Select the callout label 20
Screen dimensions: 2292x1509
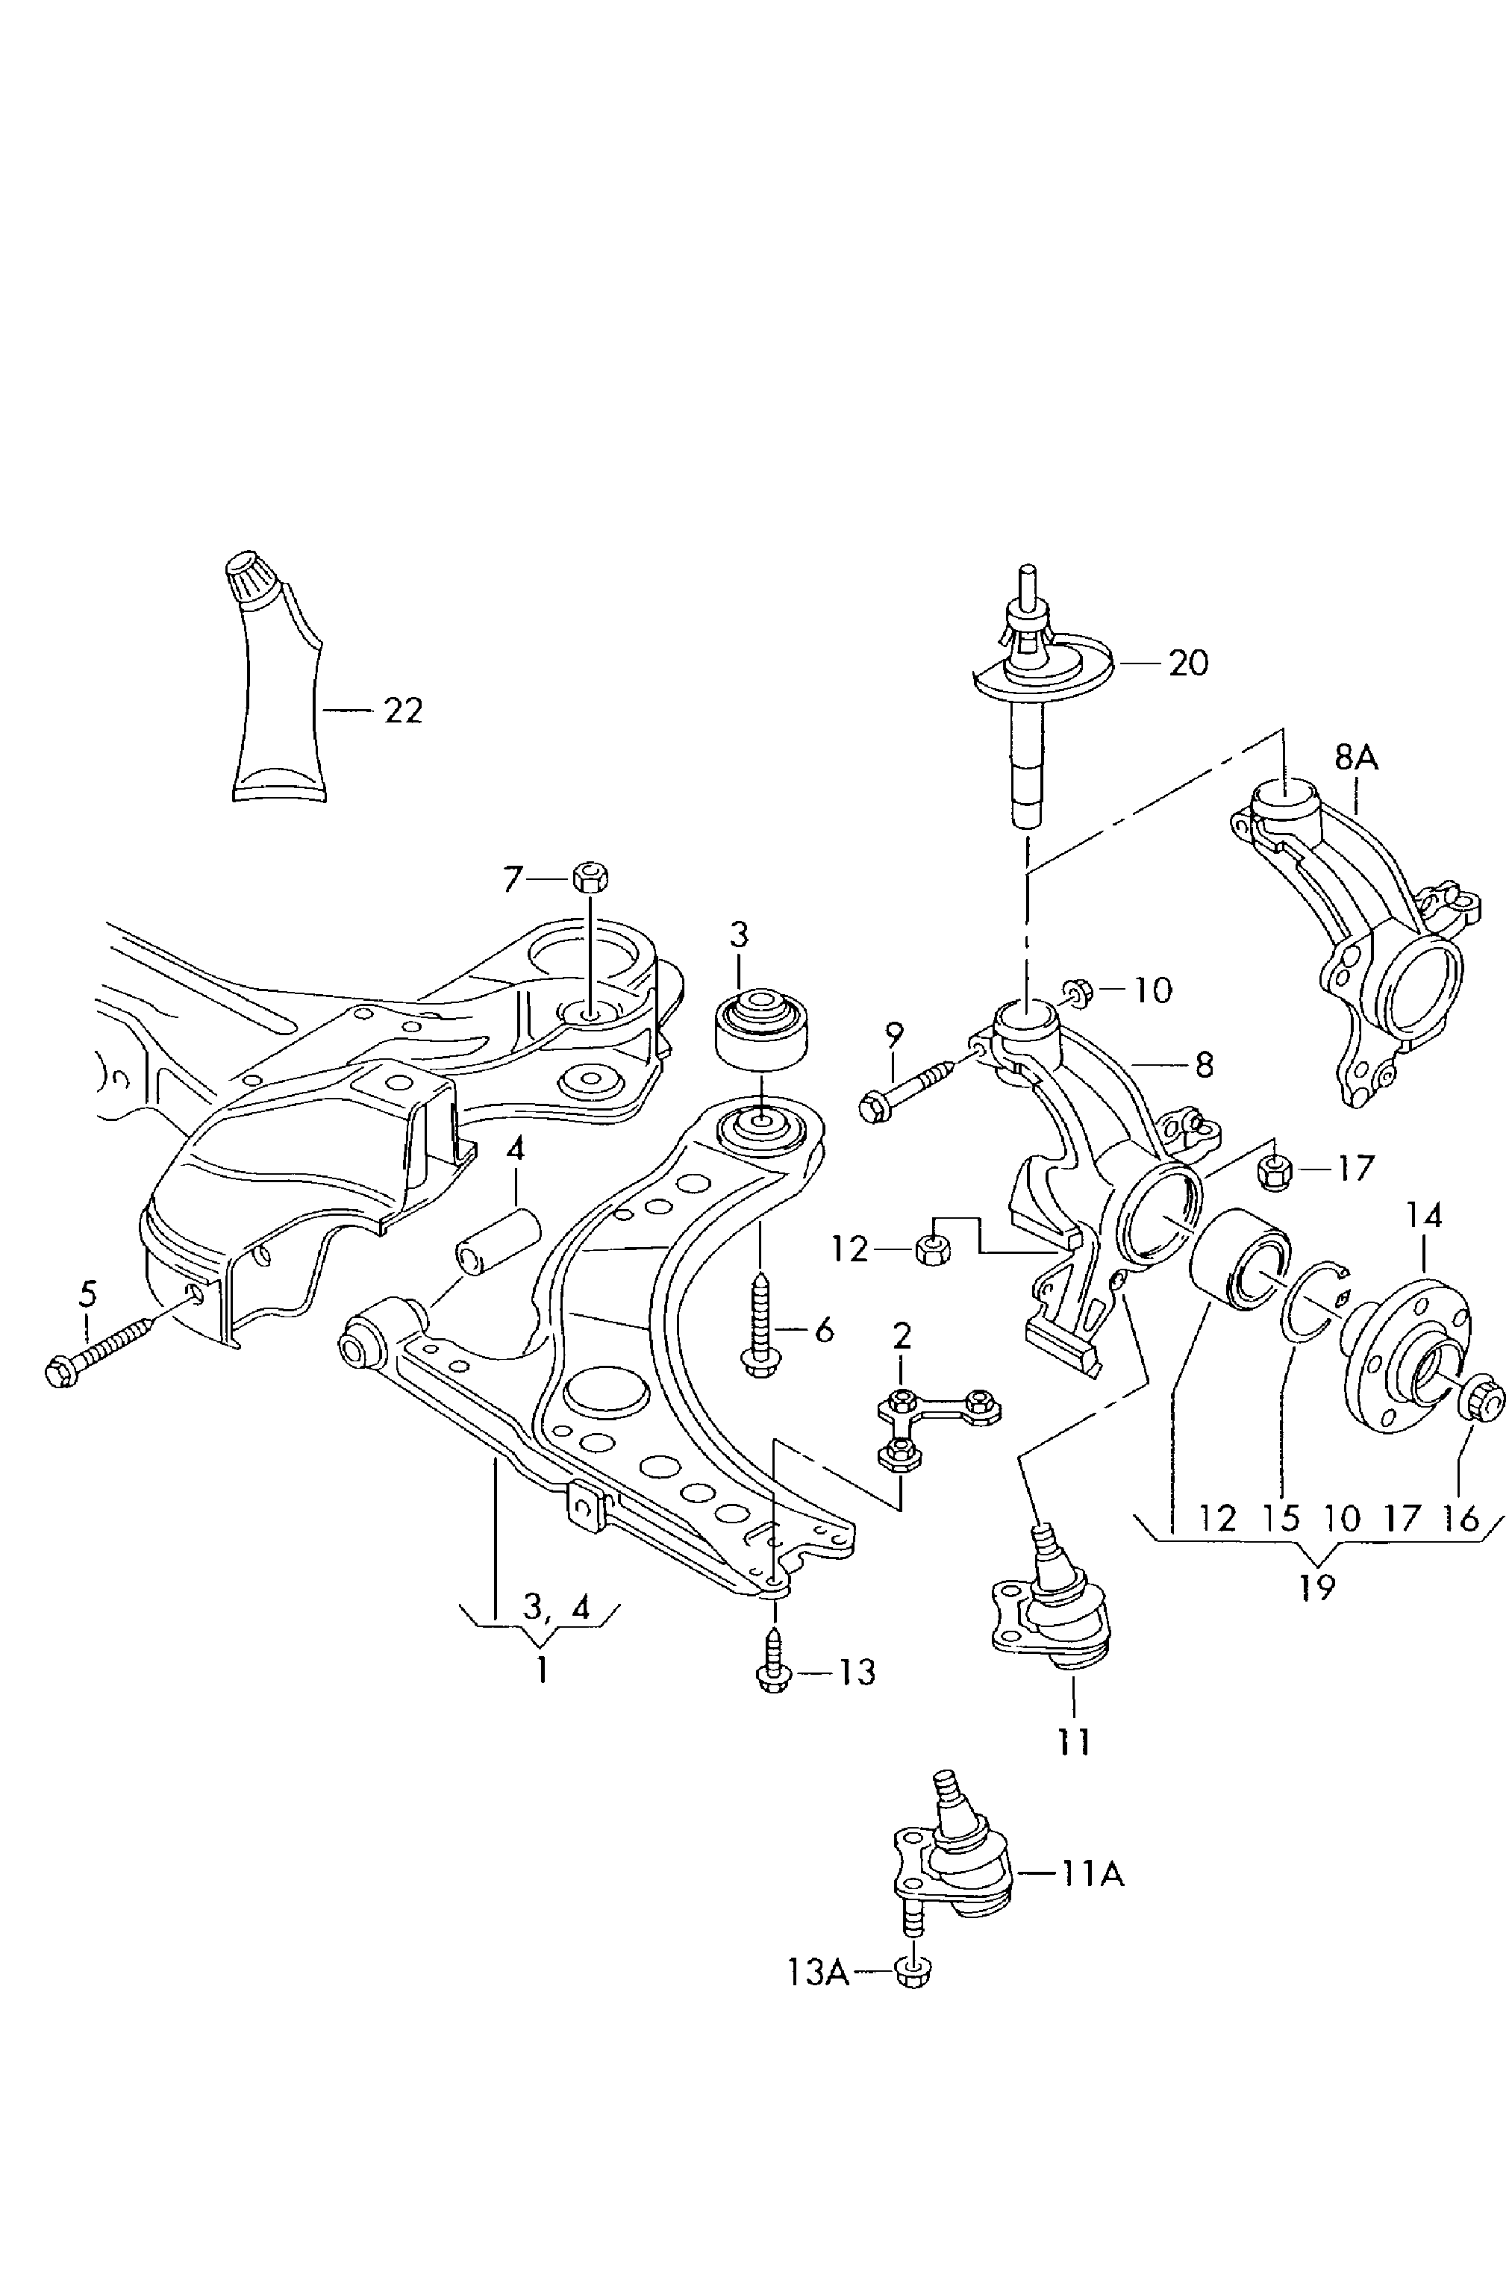[x=1187, y=663]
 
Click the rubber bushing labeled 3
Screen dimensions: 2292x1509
[x=760, y=1031]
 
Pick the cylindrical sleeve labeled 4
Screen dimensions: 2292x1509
[x=498, y=1243]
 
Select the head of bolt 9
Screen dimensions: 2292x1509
[x=873, y=1108]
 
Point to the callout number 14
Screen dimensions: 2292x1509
[x=1424, y=1217]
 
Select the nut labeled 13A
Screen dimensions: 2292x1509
[x=911, y=1973]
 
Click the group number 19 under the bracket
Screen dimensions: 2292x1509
[x=1316, y=1586]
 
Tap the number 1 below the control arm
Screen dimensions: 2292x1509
[x=541, y=1669]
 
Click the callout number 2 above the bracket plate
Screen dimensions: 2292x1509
[x=902, y=1337]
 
